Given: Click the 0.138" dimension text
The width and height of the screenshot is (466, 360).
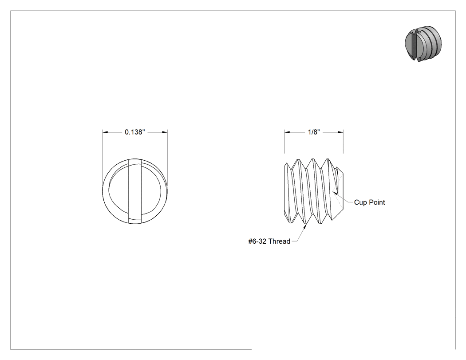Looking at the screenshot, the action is (x=134, y=132).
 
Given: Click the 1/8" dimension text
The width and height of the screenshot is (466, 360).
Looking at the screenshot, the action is (x=314, y=132).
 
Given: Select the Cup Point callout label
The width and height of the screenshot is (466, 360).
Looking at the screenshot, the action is (x=369, y=202).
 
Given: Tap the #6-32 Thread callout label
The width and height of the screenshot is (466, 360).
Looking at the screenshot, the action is (x=269, y=241).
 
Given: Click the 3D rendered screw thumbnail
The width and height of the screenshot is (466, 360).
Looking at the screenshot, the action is (x=423, y=44).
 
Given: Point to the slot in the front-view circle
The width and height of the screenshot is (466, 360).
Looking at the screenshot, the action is (x=134, y=191).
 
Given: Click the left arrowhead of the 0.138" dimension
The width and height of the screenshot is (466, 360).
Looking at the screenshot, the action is (x=105, y=132).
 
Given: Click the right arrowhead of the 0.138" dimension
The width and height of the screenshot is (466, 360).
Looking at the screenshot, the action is (x=164, y=132).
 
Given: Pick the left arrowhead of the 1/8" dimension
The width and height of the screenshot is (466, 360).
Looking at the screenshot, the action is (x=287, y=132).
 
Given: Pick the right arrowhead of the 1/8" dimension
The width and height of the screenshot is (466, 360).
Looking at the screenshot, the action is (x=340, y=132).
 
